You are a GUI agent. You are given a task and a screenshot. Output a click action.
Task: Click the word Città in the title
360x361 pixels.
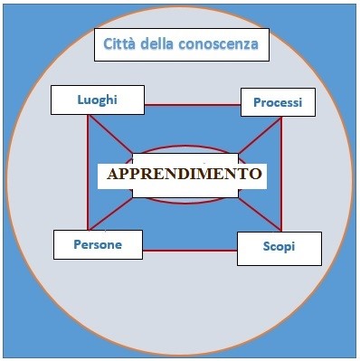[x=123, y=43]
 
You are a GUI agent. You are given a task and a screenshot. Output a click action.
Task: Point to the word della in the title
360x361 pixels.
[x=165, y=43]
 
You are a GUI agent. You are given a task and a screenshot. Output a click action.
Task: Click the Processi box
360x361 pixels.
[x=278, y=101]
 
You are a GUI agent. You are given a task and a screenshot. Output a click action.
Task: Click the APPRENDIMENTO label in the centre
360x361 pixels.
[x=185, y=174]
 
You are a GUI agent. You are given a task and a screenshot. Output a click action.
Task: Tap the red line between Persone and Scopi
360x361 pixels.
[x=190, y=250]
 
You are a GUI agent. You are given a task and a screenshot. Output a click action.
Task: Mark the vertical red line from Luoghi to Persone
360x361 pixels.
[x=88, y=172]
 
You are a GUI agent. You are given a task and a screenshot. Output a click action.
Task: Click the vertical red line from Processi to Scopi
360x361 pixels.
[x=281, y=172]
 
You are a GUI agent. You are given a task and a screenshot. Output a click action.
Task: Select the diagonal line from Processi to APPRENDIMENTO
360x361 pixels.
[x=261, y=135]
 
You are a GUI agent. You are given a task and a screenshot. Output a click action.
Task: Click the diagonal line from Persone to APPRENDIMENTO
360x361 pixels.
[x=113, y=214]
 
